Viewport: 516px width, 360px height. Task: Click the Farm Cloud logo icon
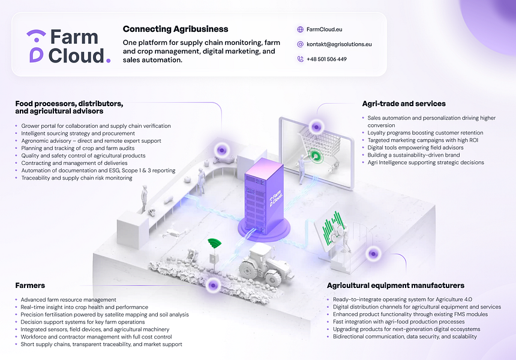tap(36, 46)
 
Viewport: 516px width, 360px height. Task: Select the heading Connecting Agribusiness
tap(175, 29)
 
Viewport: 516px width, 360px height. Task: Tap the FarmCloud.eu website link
tap(324, 29)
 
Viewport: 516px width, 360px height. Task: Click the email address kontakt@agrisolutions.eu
tap(338, 44)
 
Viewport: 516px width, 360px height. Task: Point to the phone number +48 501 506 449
tap(326, 59)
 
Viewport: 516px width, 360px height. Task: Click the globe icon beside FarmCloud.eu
tap(300, 29)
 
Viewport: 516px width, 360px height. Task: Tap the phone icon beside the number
tap(300, 59)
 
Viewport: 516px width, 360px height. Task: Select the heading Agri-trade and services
tap(404, 103)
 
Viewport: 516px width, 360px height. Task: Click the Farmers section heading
tap(30, 286)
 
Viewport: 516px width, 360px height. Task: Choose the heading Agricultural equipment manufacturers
tap(395, 286)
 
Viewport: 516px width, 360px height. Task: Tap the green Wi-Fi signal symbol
tap(214, 244)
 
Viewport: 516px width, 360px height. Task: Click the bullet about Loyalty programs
tap(425, 133)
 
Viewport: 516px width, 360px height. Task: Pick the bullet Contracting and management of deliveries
tap(74, 163)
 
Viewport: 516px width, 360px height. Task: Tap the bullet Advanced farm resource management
tap(68, 299)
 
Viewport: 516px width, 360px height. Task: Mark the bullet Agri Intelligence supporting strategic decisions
tap(425, 163)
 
